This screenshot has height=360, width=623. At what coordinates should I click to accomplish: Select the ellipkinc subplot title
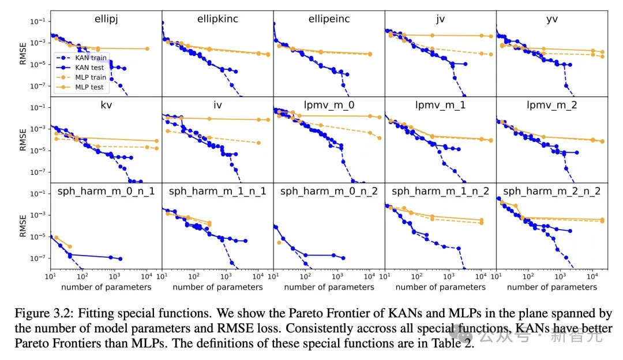pos(217,19)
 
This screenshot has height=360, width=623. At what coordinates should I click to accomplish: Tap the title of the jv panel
pos(440,19)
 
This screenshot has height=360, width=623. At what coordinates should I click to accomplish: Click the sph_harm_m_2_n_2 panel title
pos(551,191)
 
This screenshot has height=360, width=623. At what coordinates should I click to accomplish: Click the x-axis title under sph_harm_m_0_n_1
pos(106,287)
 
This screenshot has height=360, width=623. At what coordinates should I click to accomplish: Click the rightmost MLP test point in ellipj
pos(147,48)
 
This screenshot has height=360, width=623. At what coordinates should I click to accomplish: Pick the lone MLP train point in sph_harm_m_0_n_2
pos(279,242)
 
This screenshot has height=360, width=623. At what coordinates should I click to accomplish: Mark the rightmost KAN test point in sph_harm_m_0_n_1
pos(120,259)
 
